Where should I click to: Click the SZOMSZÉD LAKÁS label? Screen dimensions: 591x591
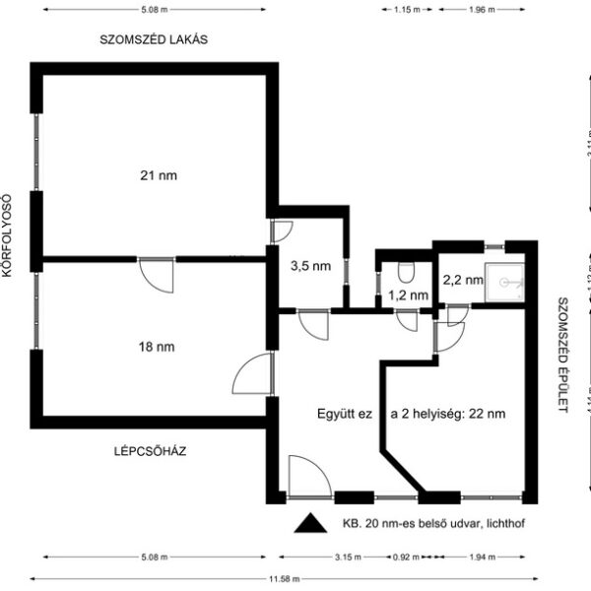[157, 40]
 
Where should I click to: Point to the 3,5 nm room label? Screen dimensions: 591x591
[308, 265]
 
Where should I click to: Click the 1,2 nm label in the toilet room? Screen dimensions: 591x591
[407, 295]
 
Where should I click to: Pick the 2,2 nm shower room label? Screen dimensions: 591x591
[462, 280]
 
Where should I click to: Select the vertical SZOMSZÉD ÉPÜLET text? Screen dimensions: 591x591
[562, 355]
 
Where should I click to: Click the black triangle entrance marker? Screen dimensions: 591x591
[310, 524]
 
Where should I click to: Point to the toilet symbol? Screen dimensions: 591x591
[406, 270]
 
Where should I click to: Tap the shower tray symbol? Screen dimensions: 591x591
[509, 281]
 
